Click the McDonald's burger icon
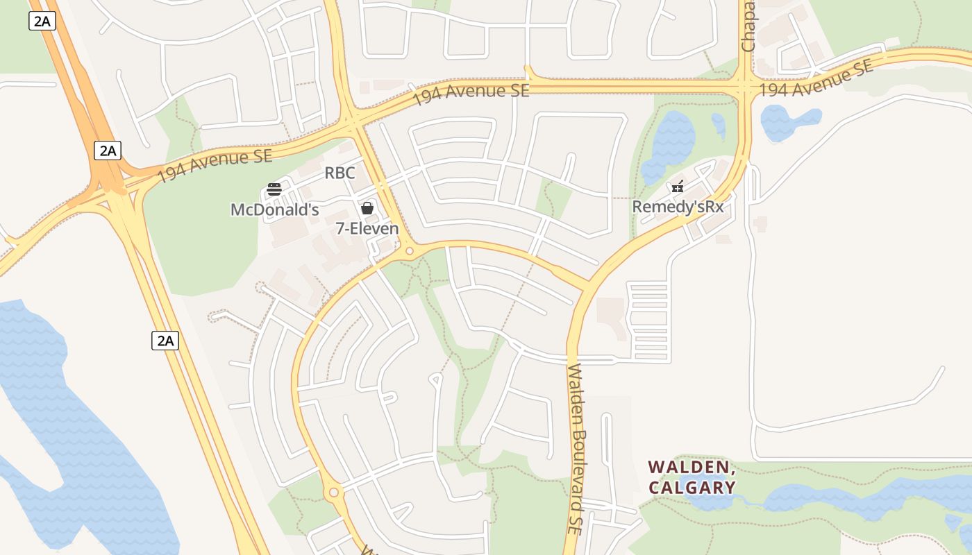(x=274, y=189)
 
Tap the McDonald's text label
(x=274, y=210)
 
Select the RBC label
(x=340, y=173)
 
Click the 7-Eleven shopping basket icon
(x=367, y=208)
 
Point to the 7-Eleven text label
(x=367, y=228)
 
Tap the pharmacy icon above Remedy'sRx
(x=678, y=186)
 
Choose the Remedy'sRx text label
(x=678, y=207)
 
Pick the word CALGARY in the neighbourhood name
(x=692, y=487)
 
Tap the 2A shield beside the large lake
(x=165, y=340)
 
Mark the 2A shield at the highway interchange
(x=107, y=151)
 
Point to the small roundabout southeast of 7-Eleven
(x=410, y=250)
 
